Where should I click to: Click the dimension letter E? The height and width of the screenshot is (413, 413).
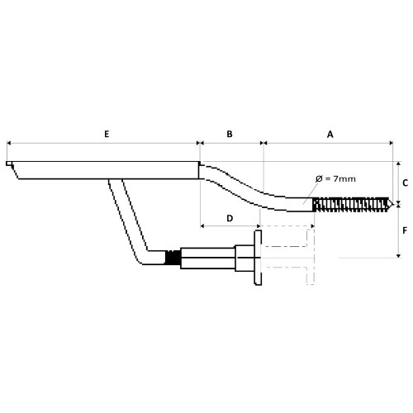coord(107,134)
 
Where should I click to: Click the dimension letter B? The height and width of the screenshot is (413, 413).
coord(230,134)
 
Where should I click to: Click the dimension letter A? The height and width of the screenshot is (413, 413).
coord(330,135)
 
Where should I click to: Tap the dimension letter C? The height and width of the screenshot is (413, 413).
coord(405,183)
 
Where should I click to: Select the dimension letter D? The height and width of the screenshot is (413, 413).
coord(230,218)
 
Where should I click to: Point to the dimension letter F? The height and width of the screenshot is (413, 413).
coord(405,230)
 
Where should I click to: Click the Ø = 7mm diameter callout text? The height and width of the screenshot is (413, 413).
coord(335,179)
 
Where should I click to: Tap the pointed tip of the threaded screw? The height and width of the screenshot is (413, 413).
coord(393,204)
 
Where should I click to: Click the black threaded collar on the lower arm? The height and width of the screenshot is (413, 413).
coord(173,258)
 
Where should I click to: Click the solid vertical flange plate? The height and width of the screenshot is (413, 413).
coord(258,258)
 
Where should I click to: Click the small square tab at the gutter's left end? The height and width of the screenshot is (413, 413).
coord(9,164)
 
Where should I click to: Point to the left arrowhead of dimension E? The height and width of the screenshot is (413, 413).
coord(8,143)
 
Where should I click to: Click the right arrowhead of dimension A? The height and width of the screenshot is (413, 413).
coord(391,143)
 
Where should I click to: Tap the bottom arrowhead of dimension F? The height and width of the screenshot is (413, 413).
coord(398,256)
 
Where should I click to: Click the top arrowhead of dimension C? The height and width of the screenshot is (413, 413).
coord(398,164)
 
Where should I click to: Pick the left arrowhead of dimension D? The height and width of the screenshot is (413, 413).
coord(202,226)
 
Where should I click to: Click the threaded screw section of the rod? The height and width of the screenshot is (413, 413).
coord(351,205)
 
